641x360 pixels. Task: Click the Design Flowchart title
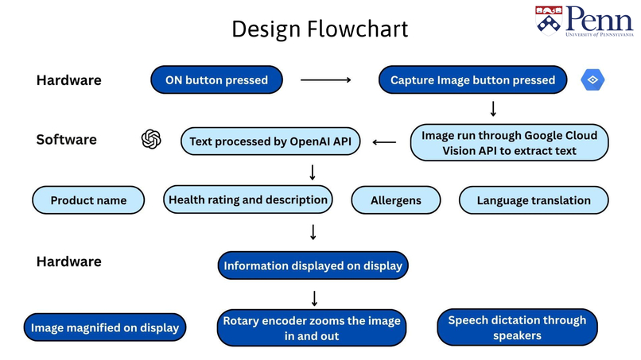tap(320, 29)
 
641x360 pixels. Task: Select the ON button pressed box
tap(216, 79)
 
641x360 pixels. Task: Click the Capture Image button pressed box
tap(472, 79)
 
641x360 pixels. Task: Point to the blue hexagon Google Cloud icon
tap(593, 79)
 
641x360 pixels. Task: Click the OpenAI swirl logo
tap(151, 140)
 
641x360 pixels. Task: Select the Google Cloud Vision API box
tap(509, 143)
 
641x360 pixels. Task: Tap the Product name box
tap(88, 200)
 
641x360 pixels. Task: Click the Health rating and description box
tap(247, 199)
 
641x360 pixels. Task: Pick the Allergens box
tap(395, 200)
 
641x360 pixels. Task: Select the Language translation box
tap(534, 200)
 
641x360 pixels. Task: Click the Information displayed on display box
tap(313, 265)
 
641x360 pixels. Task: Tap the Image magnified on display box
tap(105, 327)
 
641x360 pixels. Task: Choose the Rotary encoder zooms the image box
tap(313, 328)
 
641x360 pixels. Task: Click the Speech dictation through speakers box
tap(517, 327)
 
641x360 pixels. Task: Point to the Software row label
tap(67, 140)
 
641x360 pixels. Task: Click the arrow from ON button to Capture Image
tap(325, 79)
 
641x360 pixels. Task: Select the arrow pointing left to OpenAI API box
tap(384, 143)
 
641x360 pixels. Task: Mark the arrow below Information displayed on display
tap(314, 299)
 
